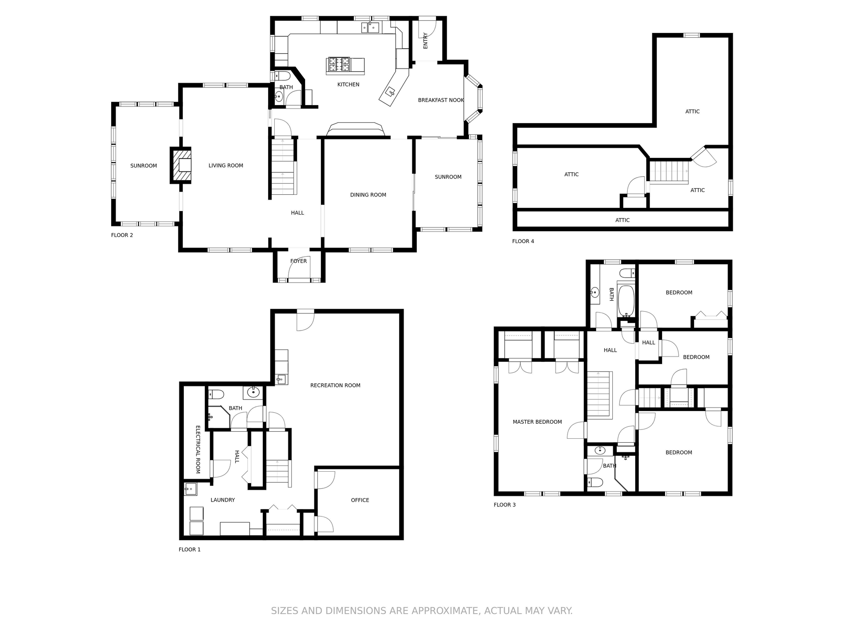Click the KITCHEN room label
(x=348, y=84)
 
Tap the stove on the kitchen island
(x=338, y=65)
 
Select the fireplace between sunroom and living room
(x=181, y=165)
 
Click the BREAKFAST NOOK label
(x=440, y=100)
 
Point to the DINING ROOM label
(x=368, y=195)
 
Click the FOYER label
(x=298, y=261)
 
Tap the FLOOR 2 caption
(x=122, y=235)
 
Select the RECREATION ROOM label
(x=335, y=386)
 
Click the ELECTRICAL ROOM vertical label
(x=198, y=449)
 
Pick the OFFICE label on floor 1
(x=360, y=500)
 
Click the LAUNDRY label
(x=222, y=500)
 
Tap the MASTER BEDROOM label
(x=537, y=422)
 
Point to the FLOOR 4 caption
(x=523, y=241)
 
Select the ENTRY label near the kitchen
(x=425, y=41)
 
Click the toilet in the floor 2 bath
(x=282, y=75)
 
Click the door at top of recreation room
(x=305, y=320)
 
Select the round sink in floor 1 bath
(x=253, y=392)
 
